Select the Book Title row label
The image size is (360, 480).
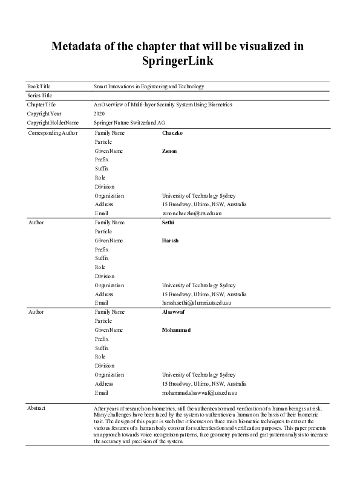point(38,86)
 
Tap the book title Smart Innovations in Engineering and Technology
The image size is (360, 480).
point(149,86)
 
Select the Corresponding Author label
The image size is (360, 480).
point(53,132)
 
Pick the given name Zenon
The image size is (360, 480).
point(169,151)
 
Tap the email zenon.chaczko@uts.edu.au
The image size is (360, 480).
point(192,213)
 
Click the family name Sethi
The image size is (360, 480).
point(168,222)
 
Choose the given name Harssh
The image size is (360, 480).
point(171,241)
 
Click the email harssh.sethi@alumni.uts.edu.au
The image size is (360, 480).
point(197,302)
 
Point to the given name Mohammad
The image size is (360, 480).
point(176,330)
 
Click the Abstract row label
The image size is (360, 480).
point(36,409)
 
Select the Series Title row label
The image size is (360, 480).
point(39,96)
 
